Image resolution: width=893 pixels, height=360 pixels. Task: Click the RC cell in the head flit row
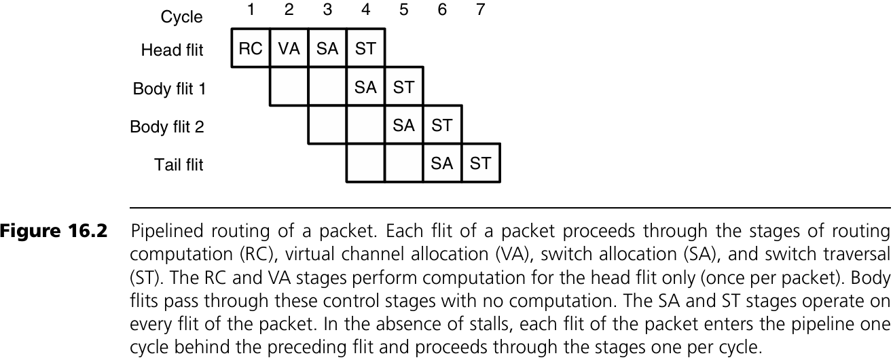pyautogui.click(x=251, y=49)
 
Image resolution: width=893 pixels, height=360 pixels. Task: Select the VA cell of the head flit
pyautogui.click(x=289, y=49)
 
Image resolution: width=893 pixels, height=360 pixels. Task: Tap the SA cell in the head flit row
pyautogui.click(x=327, y=49)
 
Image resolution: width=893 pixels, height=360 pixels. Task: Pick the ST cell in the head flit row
pyautogui.click(x=365, y=49)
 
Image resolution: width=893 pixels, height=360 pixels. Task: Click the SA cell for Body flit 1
pyautogui.click(x=365, y=87)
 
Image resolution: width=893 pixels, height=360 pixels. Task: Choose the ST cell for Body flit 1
pyautogui.click(x=404, y=87)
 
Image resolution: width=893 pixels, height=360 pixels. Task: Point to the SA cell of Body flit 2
pyautogui.click(x=404, y=125)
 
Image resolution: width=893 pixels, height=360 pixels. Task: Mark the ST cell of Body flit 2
pyautogui.click(x=442, y=125)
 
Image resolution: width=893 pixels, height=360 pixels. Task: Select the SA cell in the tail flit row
pyautogui.click(x=442, y=163)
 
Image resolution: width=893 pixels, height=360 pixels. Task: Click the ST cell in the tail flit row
pyautogui.click(x=480, y=163)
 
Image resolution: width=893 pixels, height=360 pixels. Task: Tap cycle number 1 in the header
pyautogui.click(x=251, y=11)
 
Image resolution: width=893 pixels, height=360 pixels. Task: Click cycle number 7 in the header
pyautogui.click(x=480, y=11)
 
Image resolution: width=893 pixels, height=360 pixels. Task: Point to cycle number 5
pyautogui.click(x=404, y=11)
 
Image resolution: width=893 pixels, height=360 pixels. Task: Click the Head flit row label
pyautogui.click(x=172, y=50)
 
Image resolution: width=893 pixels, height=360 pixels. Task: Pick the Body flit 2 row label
pyautogui.click(x=167, y=127)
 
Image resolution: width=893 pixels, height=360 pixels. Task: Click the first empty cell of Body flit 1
pyautogui.click(x=289, y=87)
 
